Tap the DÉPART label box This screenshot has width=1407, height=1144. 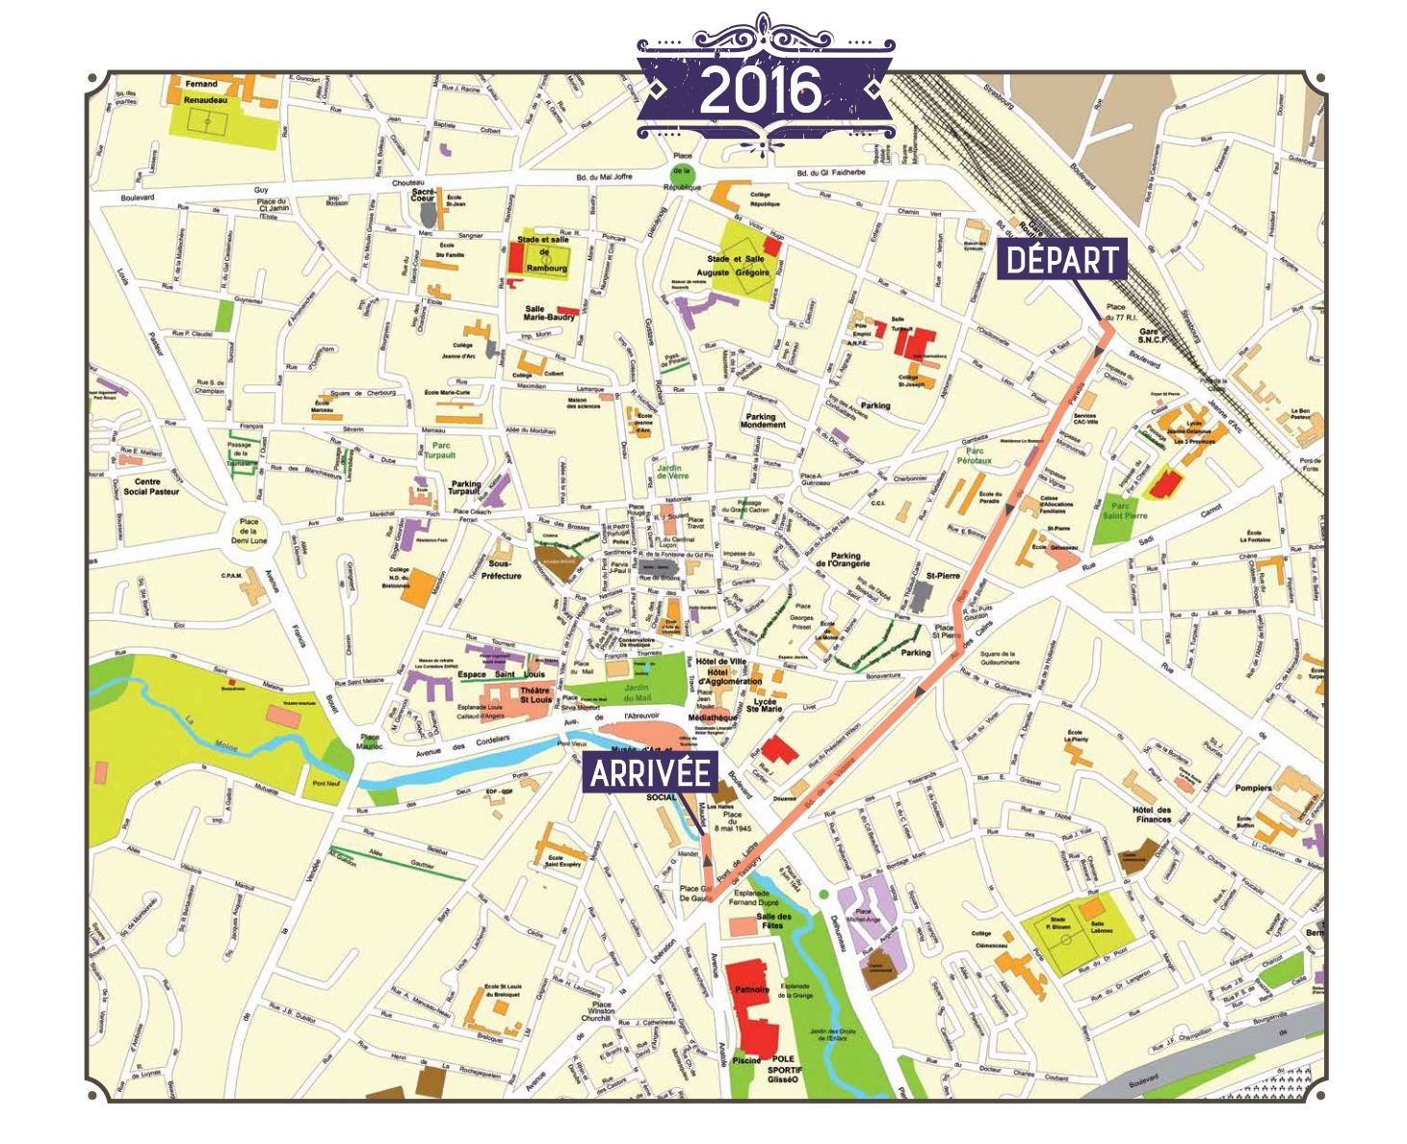[x=1061, y=260]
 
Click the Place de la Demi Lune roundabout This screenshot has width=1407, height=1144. [x=248, y=531]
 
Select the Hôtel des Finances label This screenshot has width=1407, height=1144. [x=1153, y=814]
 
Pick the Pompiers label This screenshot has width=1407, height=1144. [x=1253, y=788]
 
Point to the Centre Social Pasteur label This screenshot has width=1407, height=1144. [x=151, y=486]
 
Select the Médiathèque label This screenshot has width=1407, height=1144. [x=713, y=718]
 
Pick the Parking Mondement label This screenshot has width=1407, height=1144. [x=763, y=420]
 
